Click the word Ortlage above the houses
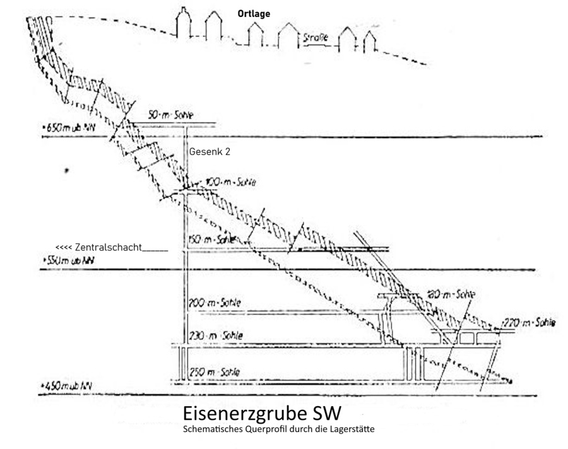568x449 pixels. [x=254, y=13]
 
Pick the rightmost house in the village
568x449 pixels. [x=370, y=41]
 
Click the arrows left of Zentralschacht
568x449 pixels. [x=64, y=247]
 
